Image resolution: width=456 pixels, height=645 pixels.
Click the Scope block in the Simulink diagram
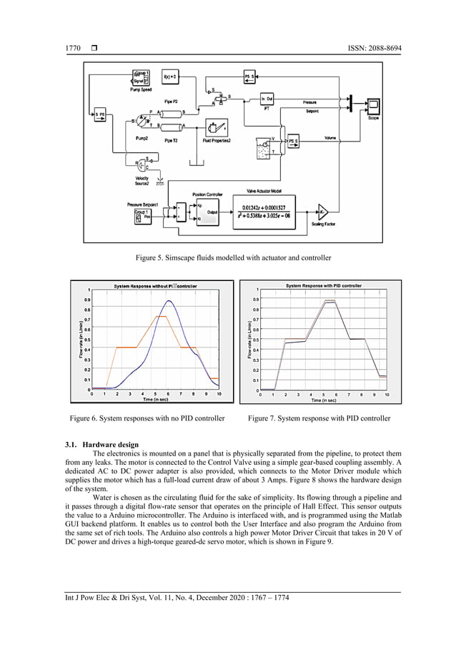point(372,108)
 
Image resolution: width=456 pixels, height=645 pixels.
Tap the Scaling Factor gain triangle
point(322,212)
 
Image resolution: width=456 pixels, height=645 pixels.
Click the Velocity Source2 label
point(136,182)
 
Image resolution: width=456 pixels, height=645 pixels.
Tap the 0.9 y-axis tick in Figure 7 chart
point(247,299)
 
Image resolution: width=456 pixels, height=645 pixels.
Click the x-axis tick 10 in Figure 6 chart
point(219,394)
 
